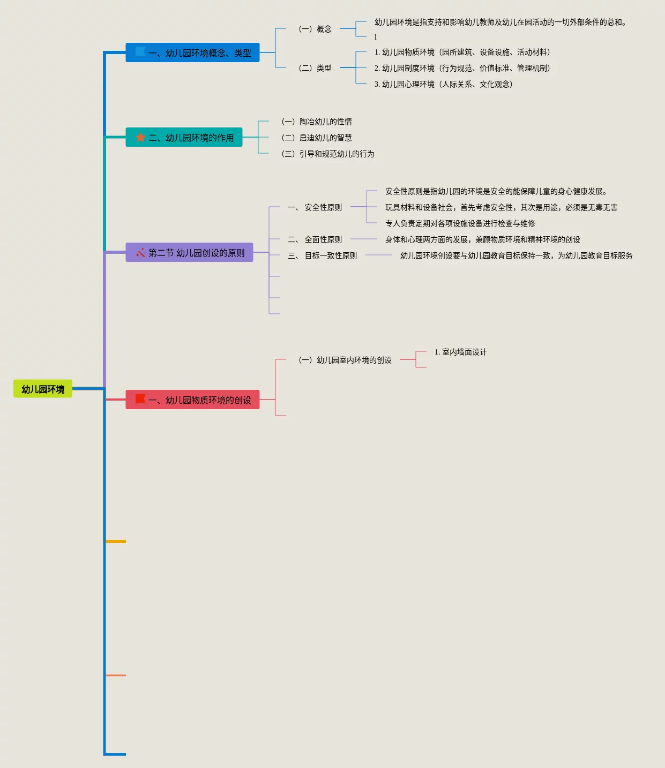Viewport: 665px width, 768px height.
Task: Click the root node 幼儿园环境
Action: pyautogui.click(x=43, y=389)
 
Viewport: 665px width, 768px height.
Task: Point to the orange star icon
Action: pyautogui.click(x=140, y=138)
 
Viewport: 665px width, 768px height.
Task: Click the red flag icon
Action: pyautogui.click(x=140, y=400)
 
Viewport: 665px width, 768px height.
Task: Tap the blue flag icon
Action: pyautogui.click(x=140, y=52)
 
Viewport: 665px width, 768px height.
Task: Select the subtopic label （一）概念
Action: pyautogui.click(x=315, y=29)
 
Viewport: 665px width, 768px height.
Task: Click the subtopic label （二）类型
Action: pyautogui.click(x=315, y=68)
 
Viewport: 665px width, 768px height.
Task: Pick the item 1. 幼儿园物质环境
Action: pyautogui.click(x=462, y=52)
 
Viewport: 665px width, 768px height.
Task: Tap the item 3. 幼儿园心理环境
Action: pyautogui.click(x=443, y=84)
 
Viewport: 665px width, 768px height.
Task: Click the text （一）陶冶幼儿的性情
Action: pyautogui.click(x=317, y=122)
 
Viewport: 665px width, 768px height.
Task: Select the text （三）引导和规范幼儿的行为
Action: pyautogui.click(x=328, y=154)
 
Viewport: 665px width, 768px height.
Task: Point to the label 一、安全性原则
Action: pyautogui.click(x=315, y=207)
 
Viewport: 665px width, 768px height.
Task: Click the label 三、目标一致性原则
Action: pyautogui.click(x=323, y=255)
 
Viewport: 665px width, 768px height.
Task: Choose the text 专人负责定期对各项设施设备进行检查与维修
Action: pyautogui.click(x=460, y=223)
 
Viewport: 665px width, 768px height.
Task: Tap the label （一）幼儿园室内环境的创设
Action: pyautogui.click(x=345, y=360)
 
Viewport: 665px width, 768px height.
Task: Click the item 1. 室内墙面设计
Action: pyautogui.click(x=460, y=352)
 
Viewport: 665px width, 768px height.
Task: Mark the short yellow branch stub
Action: pyautogui.click(x=116, y=541)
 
